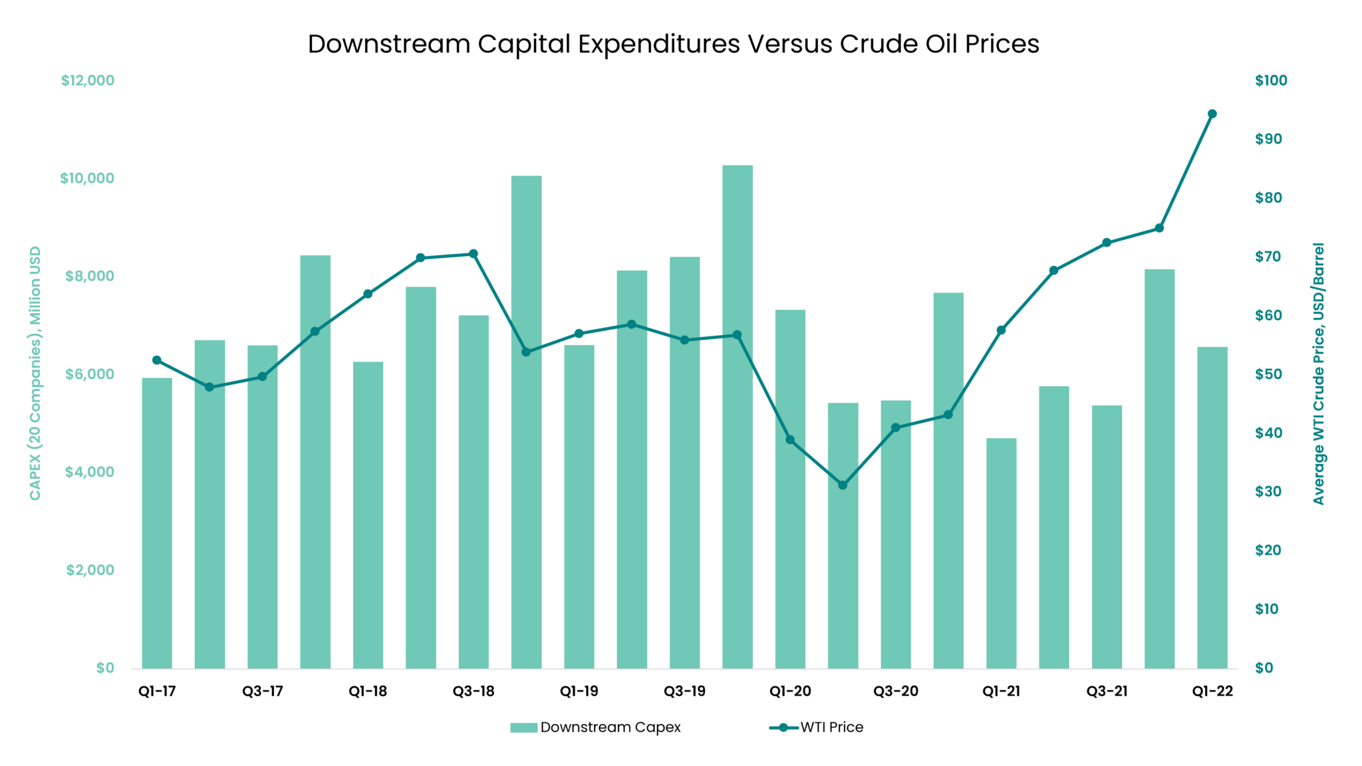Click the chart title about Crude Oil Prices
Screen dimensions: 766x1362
[x=673, y=44]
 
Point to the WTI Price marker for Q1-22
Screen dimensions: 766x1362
[x=1212, y=114]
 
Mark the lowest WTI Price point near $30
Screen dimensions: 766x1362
[x=843, y=485]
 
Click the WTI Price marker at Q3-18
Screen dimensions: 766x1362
[x=474, y=253]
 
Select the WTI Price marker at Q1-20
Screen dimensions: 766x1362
[x=790, y=440]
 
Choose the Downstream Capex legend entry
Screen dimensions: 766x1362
[x=595, y=727]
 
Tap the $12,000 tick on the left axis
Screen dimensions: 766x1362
[x=88, y=80]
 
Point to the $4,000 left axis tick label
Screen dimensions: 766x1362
[x=90, y=472]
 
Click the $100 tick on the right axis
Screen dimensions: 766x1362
[x=1271, y=80]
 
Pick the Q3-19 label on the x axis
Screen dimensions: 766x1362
[x=684, y=691]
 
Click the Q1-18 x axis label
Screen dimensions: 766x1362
[x=368, y=691]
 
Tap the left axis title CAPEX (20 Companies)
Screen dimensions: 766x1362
[x=35, y=373]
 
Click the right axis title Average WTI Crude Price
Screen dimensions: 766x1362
[x=1318, y=373]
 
